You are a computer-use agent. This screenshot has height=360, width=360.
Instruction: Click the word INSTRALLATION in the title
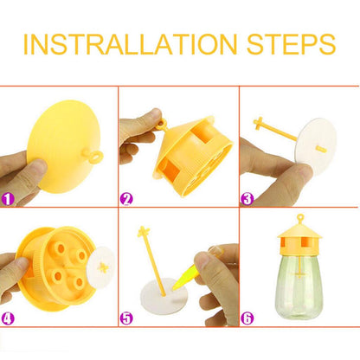[x=130, y=44]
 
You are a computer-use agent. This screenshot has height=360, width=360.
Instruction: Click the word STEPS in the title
[x=291, y=44]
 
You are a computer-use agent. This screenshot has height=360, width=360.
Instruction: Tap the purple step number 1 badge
[x=8, y=199]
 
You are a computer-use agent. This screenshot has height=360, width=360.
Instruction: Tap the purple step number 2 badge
[x=126, y=199]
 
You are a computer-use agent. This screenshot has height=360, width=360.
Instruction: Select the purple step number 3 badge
[x=247, y=199]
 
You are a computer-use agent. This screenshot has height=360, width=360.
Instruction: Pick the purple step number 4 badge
[x=8, y=318]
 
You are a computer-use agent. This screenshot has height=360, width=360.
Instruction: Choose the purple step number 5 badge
[x=126, y=318]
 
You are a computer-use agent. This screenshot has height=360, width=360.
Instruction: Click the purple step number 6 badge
[x=247, y=318]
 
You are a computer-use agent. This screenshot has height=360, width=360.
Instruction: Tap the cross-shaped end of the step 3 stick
[x=258, y=123]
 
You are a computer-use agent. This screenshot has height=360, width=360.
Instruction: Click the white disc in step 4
[x=101, y=267]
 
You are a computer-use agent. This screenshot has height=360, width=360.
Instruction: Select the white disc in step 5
[x=164, y=296]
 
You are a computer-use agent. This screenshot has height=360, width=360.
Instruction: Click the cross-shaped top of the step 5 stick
[x=144, y=232]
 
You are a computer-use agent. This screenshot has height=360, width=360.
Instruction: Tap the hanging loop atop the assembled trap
[x=300, y=218]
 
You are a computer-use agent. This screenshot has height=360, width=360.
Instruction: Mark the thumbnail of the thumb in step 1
[x=41, y=166]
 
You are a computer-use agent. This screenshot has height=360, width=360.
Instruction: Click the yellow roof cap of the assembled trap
[x=300, y=231]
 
